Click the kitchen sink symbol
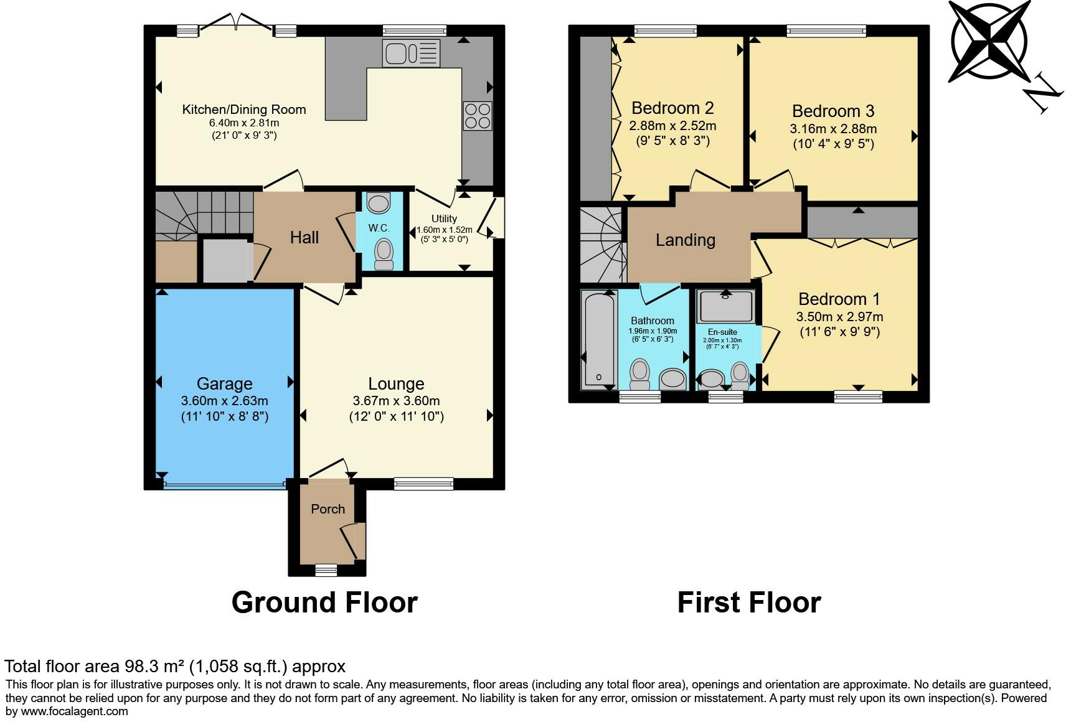411,53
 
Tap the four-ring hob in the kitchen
477,116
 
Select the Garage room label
224,383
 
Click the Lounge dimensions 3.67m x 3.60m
396,401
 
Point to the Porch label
328,509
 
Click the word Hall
304,237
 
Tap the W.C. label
379,228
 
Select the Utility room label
444,218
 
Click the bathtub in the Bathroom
598,339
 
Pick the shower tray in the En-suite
726,306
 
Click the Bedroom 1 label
839,299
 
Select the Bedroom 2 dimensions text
672,126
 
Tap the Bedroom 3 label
833,111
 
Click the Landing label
685,240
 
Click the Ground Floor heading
324,602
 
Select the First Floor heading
748,602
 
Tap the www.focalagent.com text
75,711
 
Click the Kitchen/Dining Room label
243,110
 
